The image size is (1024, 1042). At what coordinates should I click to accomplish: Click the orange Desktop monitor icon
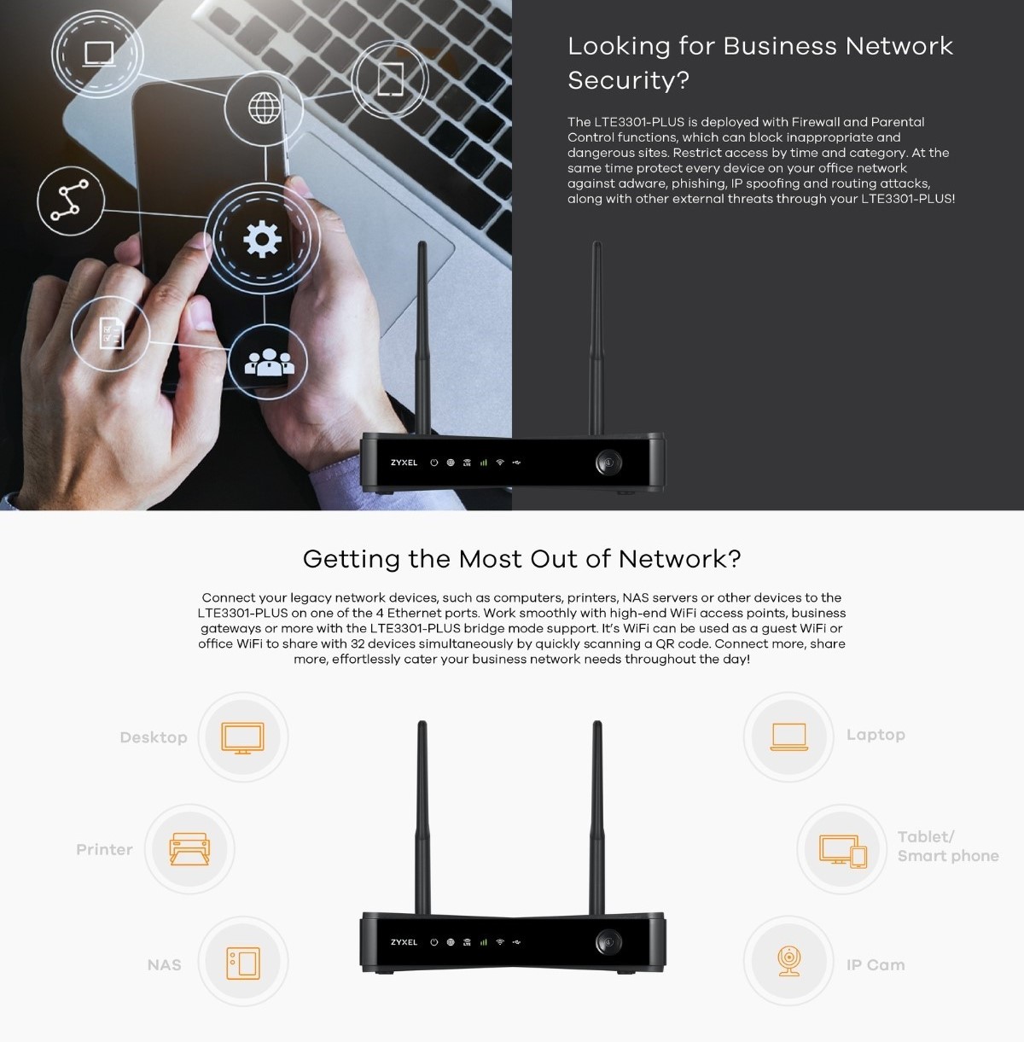(x=242, y=737)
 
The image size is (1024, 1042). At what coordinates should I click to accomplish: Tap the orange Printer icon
(x=189, y=849)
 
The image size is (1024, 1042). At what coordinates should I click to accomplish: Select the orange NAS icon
(x=242, y=963)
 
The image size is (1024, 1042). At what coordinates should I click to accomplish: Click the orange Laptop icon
(x=788, y=736)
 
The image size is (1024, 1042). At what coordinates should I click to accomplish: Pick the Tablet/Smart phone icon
(x=843, y=850)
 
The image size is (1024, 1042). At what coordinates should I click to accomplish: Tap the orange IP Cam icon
(x=788, y=962)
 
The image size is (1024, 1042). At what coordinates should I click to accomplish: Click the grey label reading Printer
(x=104, y=850)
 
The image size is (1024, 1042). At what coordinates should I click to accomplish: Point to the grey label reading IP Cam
(x=876, y=965)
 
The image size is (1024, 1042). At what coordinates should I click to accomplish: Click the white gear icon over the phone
(x=262, y=239)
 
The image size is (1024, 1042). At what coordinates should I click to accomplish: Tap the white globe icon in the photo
(x=265, y=108)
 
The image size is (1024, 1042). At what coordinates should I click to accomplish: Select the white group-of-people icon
(x=269, y=363)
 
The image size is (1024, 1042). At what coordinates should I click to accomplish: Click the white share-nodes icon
(x=70, y=201)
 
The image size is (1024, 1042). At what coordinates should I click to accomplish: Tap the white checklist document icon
(x=111, y=334)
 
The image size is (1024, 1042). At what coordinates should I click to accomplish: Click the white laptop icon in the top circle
(x=98, y=54)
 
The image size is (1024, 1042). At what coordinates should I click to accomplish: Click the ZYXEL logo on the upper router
(x=404, y=463)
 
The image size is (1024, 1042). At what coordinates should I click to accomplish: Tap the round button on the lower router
(x=608, y=941)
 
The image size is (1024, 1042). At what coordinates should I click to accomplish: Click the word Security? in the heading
(x=628, y=80)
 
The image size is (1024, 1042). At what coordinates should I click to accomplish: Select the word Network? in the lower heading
(x=679, y=559)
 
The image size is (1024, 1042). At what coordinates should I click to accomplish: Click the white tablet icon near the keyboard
(x=391, y=79)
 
